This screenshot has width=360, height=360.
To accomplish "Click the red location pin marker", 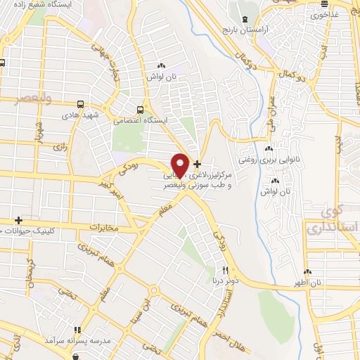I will coord(180,165).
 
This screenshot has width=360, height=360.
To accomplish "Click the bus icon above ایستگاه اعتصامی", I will coord(141,109).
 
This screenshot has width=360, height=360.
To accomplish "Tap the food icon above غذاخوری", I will coord(316,4).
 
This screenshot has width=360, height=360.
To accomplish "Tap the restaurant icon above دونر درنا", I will coord(226,269).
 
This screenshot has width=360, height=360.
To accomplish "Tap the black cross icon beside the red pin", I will coord(197,163).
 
